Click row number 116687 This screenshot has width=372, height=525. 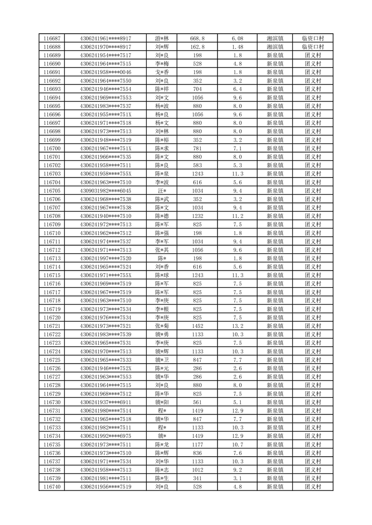[x=52, y=38]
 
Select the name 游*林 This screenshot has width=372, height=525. [x=162, y=38]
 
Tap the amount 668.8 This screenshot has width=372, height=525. [x=198, y=38]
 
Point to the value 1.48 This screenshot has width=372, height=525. [x=238, y=47]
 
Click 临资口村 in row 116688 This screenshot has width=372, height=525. [x=313, y=47]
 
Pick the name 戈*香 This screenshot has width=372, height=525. [x=162, y=72]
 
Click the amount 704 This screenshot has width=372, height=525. [x=198, y=89]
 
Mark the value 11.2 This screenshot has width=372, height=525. [x=238, y=216]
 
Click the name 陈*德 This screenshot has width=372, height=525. [x=162, y=216]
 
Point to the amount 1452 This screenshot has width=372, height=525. [x=198, y=326]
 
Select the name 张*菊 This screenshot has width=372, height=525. [x=162, y=326]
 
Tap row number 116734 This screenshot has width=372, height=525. [x=52, y=436]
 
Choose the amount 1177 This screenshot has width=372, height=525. [x=198, y=444]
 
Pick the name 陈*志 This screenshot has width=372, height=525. [x=162, y=470]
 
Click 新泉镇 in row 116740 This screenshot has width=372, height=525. [x=275, y=487]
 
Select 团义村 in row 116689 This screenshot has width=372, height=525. [x=313, y=55]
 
